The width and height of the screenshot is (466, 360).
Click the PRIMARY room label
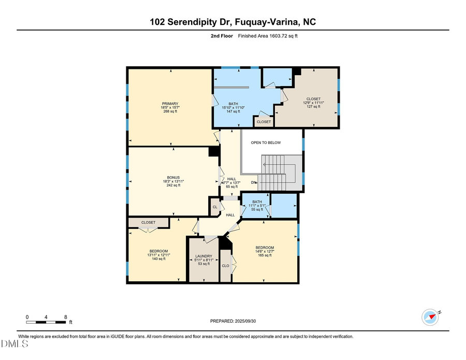tap(170, 104)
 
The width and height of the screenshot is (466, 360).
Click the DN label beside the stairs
tap(254, 182)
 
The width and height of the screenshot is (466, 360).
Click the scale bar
tap(47, 322)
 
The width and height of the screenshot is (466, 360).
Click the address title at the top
tap(232, 22)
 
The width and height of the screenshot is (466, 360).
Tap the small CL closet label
tap(215, 207)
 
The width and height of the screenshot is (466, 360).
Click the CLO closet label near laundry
tap(225, 266)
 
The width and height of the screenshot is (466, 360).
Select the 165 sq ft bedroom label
tap(265, 255)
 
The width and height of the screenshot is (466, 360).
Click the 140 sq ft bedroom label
tap(157, 259)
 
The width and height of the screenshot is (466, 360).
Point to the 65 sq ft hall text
tap(231, 186)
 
